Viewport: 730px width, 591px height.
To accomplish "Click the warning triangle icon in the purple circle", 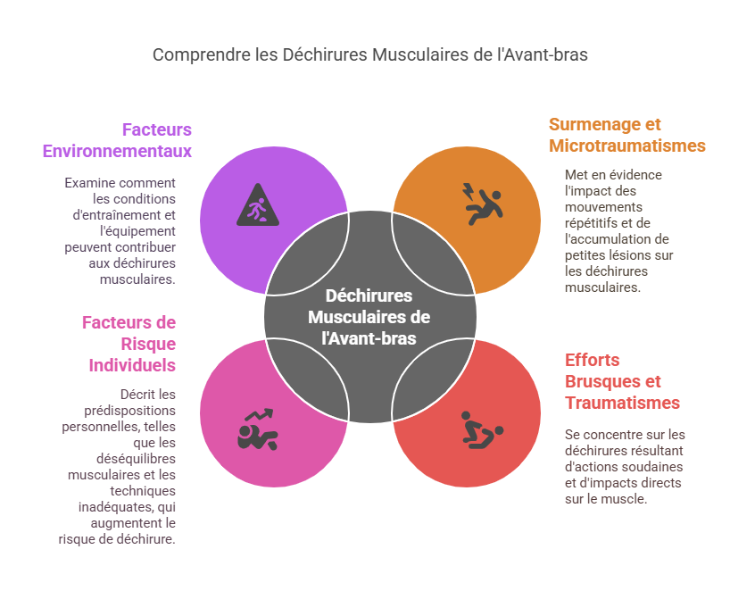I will click(258, 205).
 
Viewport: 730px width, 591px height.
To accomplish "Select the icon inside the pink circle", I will click(258, 429).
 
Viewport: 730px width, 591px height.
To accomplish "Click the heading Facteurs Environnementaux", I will click(117, 140).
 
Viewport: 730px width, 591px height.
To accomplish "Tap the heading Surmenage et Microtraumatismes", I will click(626, 135).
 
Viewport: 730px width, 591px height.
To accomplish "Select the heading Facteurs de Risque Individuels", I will click(129, 344).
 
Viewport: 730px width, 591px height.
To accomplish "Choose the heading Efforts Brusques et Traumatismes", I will click(621, 381).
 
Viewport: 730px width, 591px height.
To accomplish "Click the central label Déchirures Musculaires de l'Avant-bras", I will click(369, 317).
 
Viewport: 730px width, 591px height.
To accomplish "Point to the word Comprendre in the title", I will click(195, 54).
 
